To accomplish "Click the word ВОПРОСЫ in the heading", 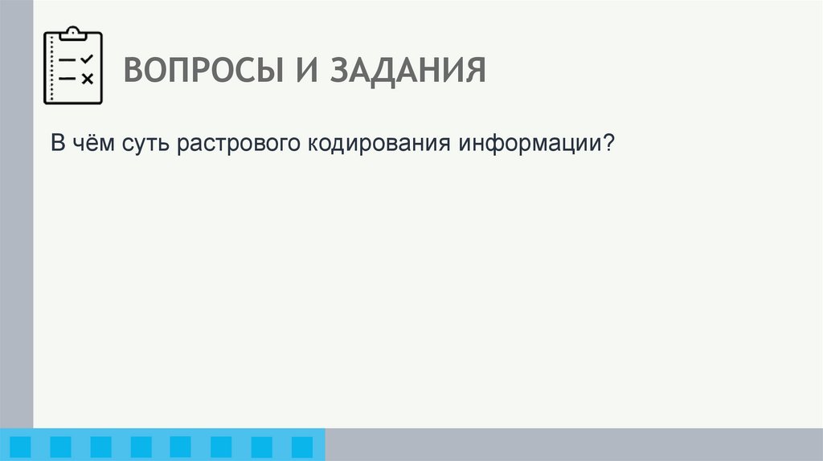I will [x=198, y=71].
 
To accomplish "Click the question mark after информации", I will [x=608, y=145].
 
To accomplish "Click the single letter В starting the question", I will [x=58, y=145].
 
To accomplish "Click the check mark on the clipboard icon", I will [x=88, y=59].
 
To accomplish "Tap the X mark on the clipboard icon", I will [x=88, y=78].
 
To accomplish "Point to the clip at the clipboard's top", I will [x=73, y=33].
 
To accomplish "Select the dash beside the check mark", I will [x=68, y=60].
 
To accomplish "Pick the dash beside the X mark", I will [x=68, y=78].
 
